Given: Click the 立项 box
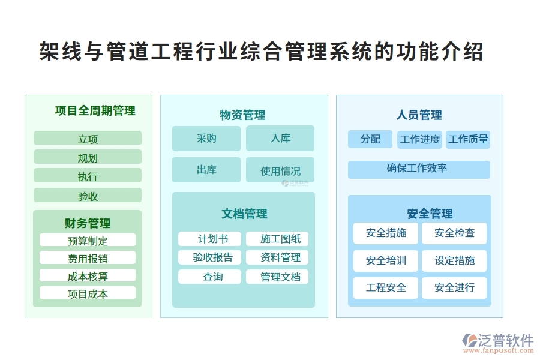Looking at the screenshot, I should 88,139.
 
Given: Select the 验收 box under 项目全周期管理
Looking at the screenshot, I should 88,196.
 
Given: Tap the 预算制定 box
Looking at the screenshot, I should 88,241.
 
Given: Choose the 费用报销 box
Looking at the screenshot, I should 88,258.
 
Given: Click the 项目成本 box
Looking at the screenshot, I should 88,293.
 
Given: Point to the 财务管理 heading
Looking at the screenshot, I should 88,223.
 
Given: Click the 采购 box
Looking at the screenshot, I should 206,139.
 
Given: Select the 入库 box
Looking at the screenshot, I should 280,139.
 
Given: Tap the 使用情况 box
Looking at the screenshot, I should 280,170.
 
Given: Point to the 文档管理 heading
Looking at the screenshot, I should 244,214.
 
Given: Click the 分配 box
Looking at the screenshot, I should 370,139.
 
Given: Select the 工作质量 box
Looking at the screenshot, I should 468,139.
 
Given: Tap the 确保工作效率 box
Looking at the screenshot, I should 419,169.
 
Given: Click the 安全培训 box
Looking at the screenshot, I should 386,260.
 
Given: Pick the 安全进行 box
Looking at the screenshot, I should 454,287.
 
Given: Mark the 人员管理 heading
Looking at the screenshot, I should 419,115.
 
